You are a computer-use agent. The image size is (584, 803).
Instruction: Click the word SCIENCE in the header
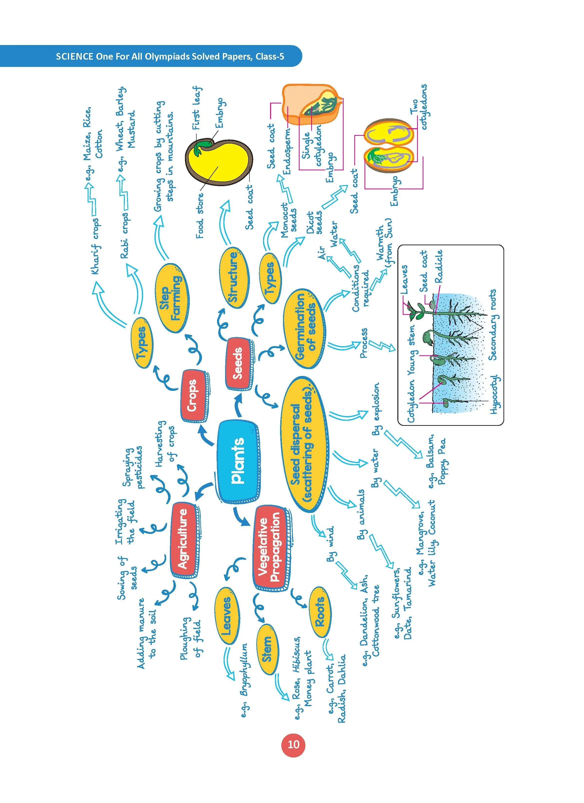point(75,56)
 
